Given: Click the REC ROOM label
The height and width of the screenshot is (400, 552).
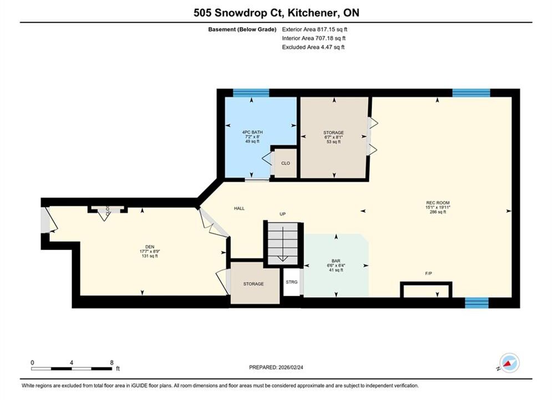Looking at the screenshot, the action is [438, 203].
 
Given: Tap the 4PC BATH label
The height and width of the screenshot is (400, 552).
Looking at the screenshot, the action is [252, 132].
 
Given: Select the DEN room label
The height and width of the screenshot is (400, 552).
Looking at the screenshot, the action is [150, 247].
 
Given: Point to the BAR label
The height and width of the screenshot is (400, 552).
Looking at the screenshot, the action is [336, 261].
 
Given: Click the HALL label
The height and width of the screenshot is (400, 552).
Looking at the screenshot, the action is [239, 208].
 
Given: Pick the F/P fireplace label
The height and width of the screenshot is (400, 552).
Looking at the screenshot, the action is [428, 273].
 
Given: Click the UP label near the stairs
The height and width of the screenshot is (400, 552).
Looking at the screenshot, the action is [282, 214].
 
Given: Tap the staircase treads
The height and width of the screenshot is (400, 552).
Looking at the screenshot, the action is [283, 243].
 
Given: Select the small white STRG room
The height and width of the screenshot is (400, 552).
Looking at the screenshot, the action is [291, 282].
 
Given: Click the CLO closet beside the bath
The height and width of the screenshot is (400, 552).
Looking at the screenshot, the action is [286, 163].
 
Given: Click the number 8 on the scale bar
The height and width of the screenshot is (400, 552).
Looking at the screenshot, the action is [112, 362].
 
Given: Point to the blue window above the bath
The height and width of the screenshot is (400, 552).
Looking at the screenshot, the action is [251, 93].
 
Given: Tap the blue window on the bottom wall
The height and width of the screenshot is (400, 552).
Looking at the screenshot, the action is [477, 303].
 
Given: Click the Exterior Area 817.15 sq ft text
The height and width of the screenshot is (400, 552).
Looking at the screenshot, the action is [315, 29].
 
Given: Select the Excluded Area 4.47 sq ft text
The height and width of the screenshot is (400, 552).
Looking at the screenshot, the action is [313, 47].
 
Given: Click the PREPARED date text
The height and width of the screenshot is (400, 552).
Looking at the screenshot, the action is [276, 367].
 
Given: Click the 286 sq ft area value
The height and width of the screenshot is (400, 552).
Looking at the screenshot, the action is [438, 212].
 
